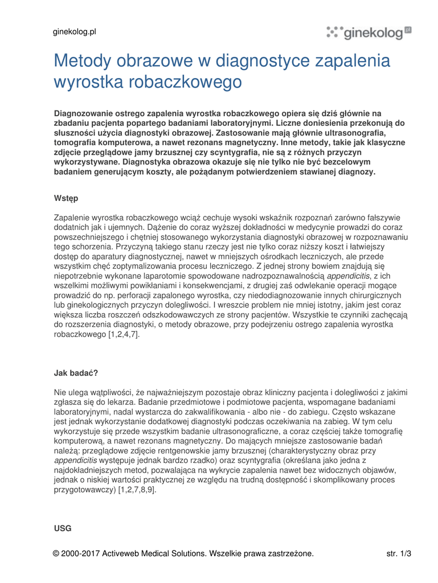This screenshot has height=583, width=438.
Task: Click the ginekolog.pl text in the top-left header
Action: click(75, 32)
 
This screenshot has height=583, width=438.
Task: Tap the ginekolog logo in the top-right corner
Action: click(369, 33)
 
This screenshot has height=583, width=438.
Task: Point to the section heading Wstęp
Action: click(66, 198)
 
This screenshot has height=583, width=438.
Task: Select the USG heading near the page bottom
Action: click(63, 528)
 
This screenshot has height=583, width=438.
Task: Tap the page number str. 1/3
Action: click(399, 553)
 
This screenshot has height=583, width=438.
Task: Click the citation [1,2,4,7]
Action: click(124, 335)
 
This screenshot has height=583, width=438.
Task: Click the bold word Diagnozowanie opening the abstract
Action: click(87, 114)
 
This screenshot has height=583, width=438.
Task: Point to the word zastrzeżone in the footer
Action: click(288, 553)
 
